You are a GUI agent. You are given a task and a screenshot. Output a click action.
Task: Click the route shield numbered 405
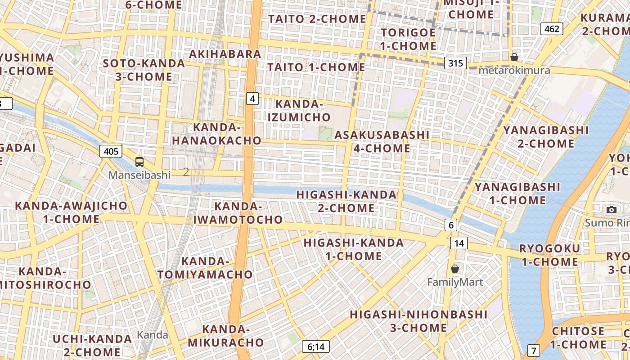pyautogui.click(x=111, y=151)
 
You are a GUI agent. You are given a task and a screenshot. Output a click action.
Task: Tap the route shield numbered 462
pyautogui.click(x=552, y=29)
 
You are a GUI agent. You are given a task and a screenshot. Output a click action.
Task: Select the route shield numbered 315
pyautogui.click(x=455, y=63)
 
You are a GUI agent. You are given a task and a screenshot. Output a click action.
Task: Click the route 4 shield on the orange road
pyautogui.click(x=252, y=99)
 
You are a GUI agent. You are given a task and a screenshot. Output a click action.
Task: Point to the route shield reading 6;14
pyautogui.click(x=316, y=346)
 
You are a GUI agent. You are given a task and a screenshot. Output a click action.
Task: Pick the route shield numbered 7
pyautogui.click(x=534, y=350)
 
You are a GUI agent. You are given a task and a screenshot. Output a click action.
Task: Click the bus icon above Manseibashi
pyautogui.click(x=139, y=162)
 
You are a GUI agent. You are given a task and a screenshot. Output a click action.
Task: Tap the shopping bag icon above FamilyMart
pyautogui.click(x=455, y=269)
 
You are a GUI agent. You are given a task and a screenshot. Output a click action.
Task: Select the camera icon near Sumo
pyautogui.click(x=611, y=210)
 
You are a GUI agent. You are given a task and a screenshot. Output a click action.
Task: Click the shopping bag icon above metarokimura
pyautogui.click(x=514, y=57)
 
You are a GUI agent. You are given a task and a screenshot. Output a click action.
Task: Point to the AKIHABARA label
pyautogui.click(x=225, y=54)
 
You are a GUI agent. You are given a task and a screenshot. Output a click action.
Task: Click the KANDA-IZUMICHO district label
pyautogui.click(x=299, y=111)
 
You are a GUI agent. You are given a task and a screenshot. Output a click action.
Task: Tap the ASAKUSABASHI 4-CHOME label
pyautogui.click(x=382, y=141)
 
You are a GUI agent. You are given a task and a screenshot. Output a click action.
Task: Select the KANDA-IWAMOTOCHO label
pyautogui.click(x=238, y=213)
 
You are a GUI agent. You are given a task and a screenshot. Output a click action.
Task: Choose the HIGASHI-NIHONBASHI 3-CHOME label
pyautogui.click(x=418, y=321)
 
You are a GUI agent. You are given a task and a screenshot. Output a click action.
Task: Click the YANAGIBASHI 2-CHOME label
pyautogui.click(x=546, y=137)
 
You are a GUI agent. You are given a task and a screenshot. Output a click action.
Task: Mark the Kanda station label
pyautogui.click(x=153, y=335)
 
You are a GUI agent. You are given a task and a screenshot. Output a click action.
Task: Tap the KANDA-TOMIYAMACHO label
pyautogui.click(x=205, y=268)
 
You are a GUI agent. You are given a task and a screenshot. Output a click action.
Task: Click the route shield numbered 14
pyautogui.click(x=459, y=243)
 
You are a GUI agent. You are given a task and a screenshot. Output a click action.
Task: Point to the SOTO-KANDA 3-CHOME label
pyautogui.click(x=144, y=70)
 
